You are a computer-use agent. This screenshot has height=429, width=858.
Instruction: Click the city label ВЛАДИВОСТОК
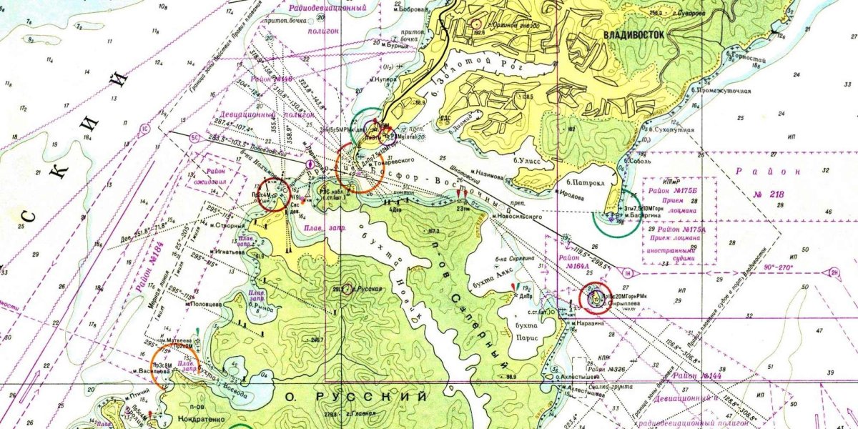635,34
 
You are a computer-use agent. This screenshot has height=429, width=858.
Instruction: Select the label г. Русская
369,289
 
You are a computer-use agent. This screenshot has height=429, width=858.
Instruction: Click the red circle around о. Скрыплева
593,297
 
